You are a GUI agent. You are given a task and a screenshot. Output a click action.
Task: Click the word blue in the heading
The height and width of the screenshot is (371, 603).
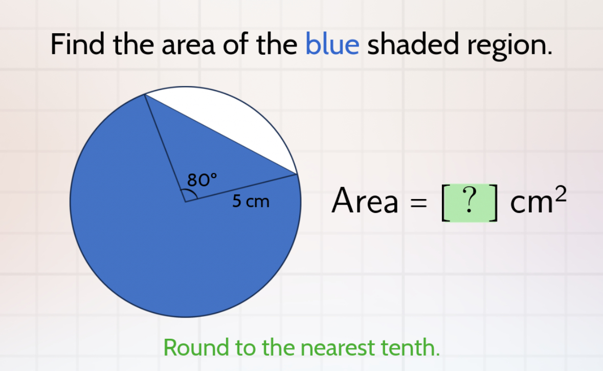point(332,45)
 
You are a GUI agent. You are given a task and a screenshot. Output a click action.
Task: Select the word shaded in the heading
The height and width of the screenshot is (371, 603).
point(412,45)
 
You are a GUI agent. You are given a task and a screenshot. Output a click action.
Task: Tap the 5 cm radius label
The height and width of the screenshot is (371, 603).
point(250,202)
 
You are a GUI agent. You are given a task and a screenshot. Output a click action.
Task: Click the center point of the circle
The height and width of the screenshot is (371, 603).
point(185,202)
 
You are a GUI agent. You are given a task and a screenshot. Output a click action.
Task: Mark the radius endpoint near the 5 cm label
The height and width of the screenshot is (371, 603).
point(297,174)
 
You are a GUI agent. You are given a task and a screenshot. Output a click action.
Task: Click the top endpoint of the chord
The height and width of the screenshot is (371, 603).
point(145,94)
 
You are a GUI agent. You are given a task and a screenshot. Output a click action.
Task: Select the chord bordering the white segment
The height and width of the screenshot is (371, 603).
point(221,134)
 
